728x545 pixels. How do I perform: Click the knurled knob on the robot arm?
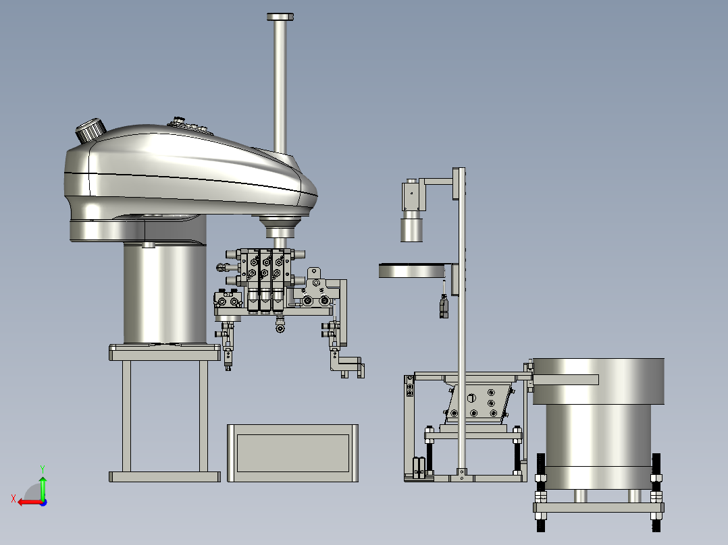click(x=90, y=130)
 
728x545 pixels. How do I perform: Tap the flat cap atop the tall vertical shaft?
click(x=280, y=17)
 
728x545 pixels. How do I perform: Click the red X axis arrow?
click(x=29, y=502)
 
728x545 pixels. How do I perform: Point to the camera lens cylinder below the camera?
click(x=412, y=229)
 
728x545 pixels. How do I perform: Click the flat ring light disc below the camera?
click(x=411, y=270)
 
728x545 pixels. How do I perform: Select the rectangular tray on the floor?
click(x=292, y=453)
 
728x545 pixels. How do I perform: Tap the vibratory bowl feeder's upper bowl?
click(x=598, y=381)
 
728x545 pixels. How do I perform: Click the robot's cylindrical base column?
click(x=165, y=292)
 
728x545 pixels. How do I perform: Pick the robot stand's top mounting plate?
click(x=165, y=353)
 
